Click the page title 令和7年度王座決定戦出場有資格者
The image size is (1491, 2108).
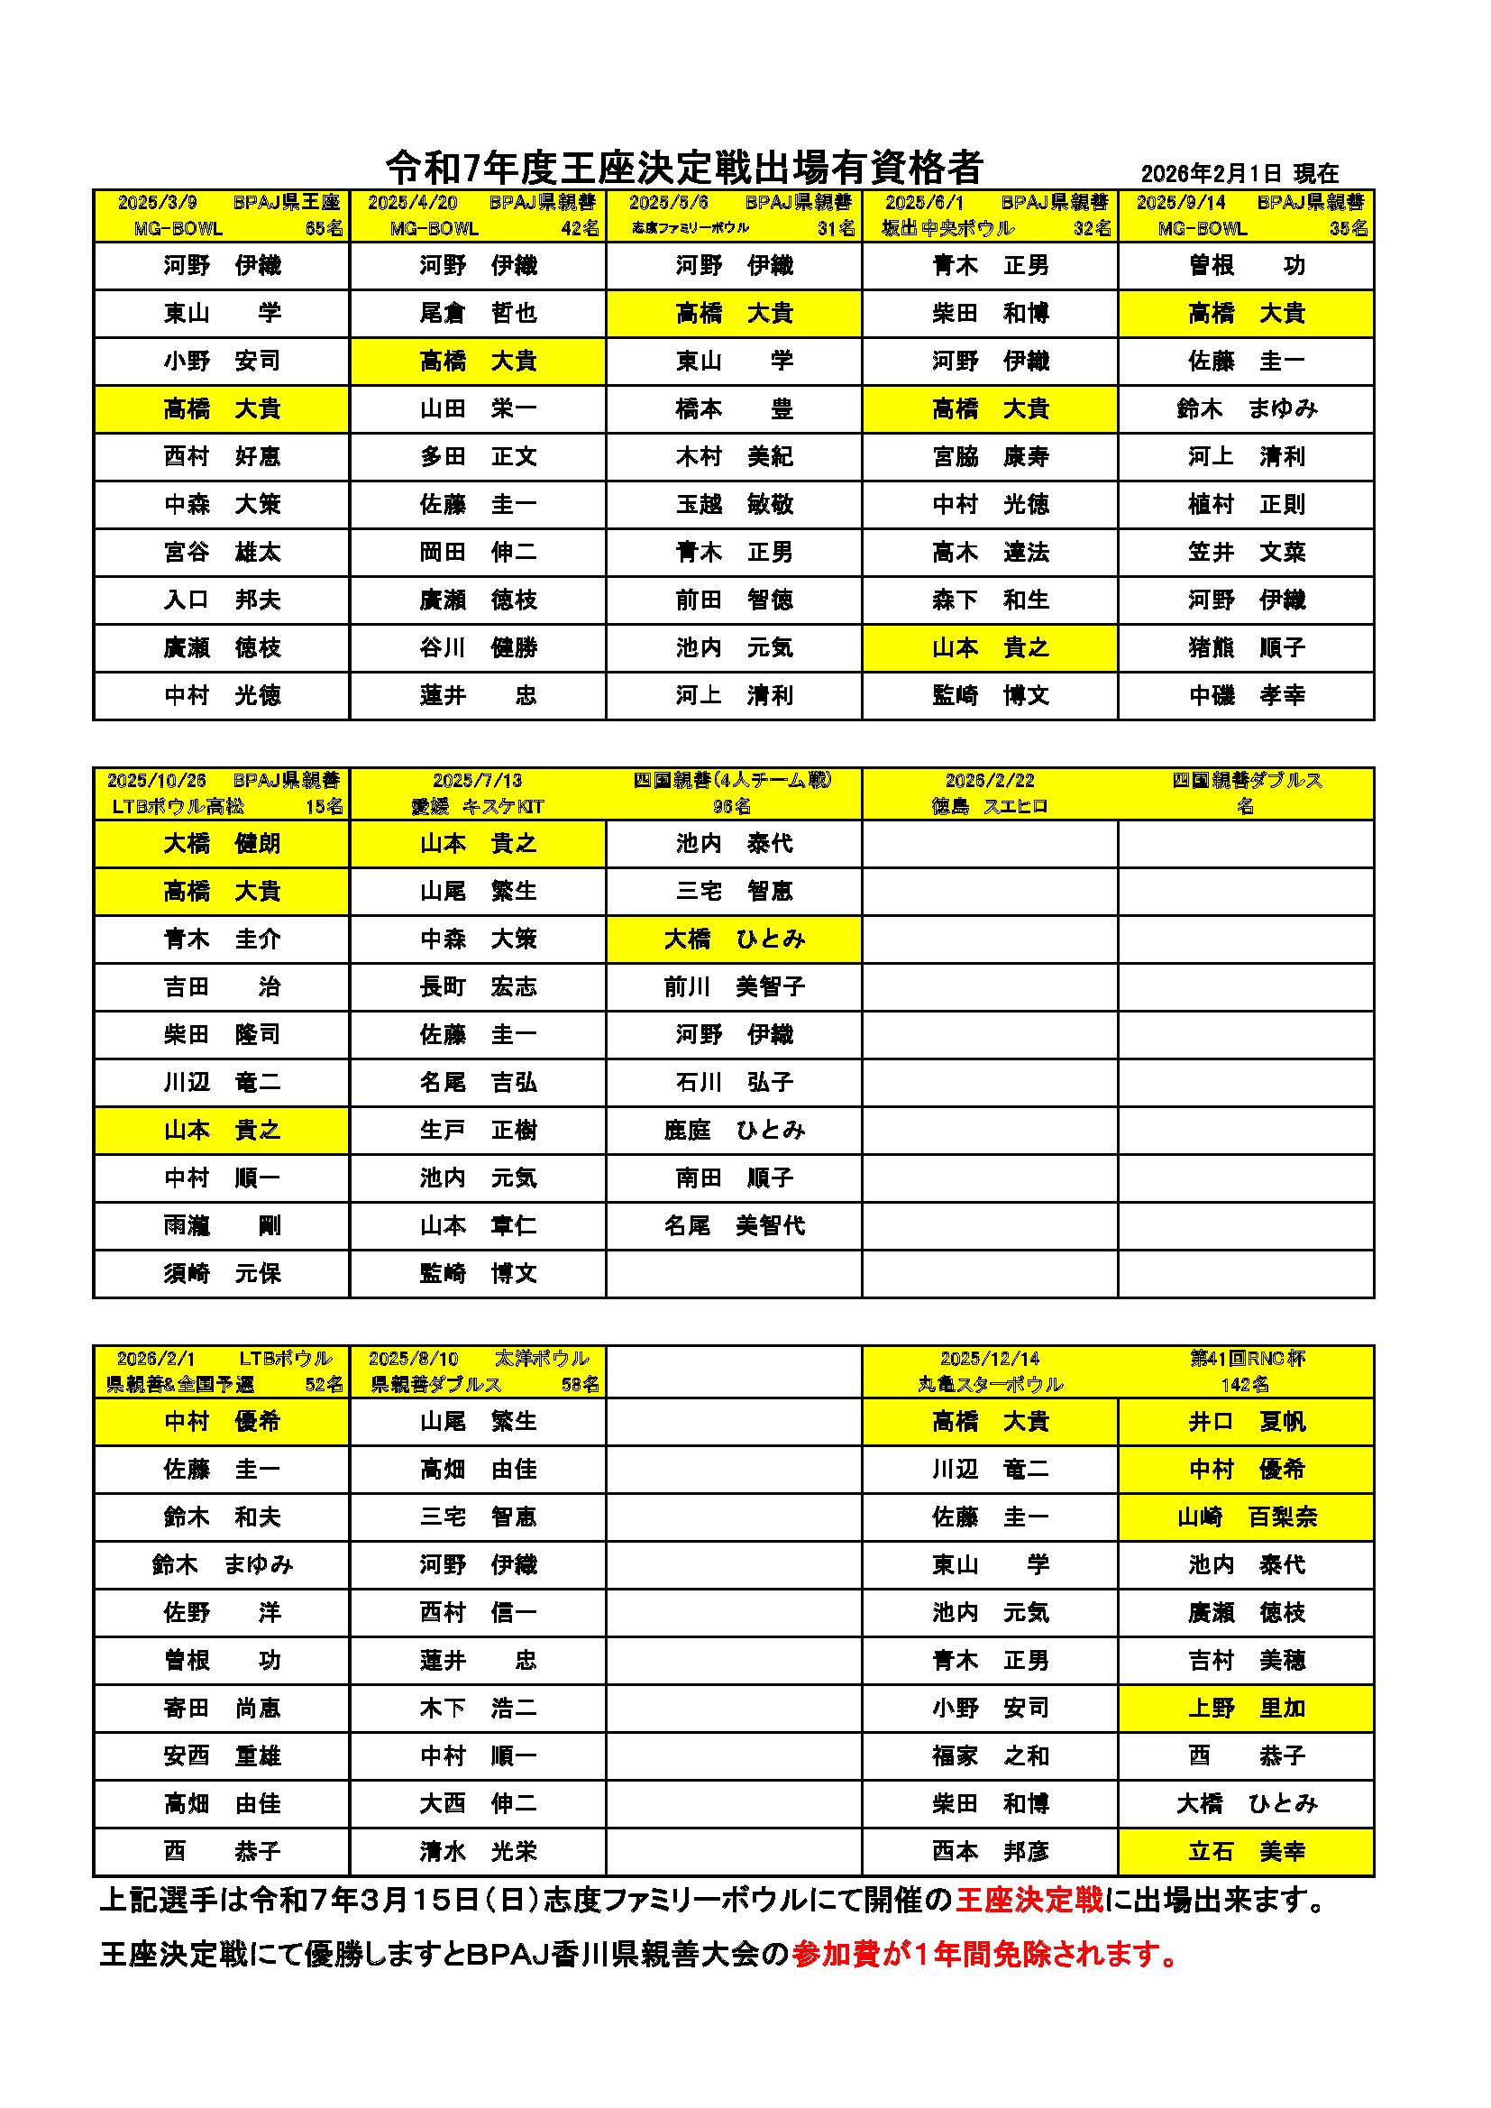(x=684, y=167)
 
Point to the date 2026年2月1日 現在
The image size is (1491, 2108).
(x=1239, y=173)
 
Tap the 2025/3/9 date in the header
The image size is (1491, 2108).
(x=157, y=203)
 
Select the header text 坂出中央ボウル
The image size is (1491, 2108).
(x=947, y=229)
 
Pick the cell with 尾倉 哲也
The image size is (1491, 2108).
(x=478, y=313)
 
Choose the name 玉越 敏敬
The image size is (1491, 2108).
(x=734, y=504)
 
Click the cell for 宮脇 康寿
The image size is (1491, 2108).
(x=990, y=456)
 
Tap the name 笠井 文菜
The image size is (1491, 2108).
(x=1246, y=552)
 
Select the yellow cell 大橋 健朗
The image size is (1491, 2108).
(x=221, y=844)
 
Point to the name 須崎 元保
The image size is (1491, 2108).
(x=221, y=1273)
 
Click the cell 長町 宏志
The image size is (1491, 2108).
(x=478, y=987)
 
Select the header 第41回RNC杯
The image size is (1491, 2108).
(x=1247, y=1359)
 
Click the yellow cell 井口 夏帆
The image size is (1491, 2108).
(x=1246, y=1422)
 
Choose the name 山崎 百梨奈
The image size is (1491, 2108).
(x=1246, y=1517)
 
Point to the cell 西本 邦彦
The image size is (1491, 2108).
(x=990, y=1852)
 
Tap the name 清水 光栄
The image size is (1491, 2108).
(x=478, y=1852)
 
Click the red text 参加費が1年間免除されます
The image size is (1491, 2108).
(x=984, y=1956)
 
